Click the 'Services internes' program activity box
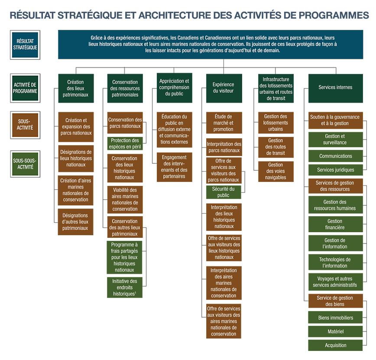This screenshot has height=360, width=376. point(335,88)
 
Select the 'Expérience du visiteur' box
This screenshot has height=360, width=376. point(224,88)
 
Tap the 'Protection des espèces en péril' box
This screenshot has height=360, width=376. point(125,143)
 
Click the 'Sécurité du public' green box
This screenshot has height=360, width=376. point(224,192)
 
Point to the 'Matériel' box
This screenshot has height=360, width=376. point(335,331)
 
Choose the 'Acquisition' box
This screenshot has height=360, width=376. point(335,345)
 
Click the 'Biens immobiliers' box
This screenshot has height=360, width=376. point(335,318)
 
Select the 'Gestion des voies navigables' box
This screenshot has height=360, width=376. point(276,171)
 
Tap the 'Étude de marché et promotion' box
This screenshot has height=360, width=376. point(224,123)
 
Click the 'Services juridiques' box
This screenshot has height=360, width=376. point(335,170)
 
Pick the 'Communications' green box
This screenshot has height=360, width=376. point(335,156)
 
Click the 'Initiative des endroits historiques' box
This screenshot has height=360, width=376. point(125,287)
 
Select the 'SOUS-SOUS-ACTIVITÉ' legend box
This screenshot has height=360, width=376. point(25,164)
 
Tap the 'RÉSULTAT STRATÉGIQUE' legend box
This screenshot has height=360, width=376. point(25,45)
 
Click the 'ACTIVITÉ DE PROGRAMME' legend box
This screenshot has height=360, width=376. point(25,88)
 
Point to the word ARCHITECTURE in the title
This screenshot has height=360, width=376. point(175,15)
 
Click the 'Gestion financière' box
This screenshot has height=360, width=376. point(335,224)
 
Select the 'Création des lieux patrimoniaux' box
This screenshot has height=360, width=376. point(76,88)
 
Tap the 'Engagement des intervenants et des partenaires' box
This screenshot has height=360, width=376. point(174,167)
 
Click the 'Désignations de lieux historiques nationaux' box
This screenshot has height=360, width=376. point(76,158)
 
